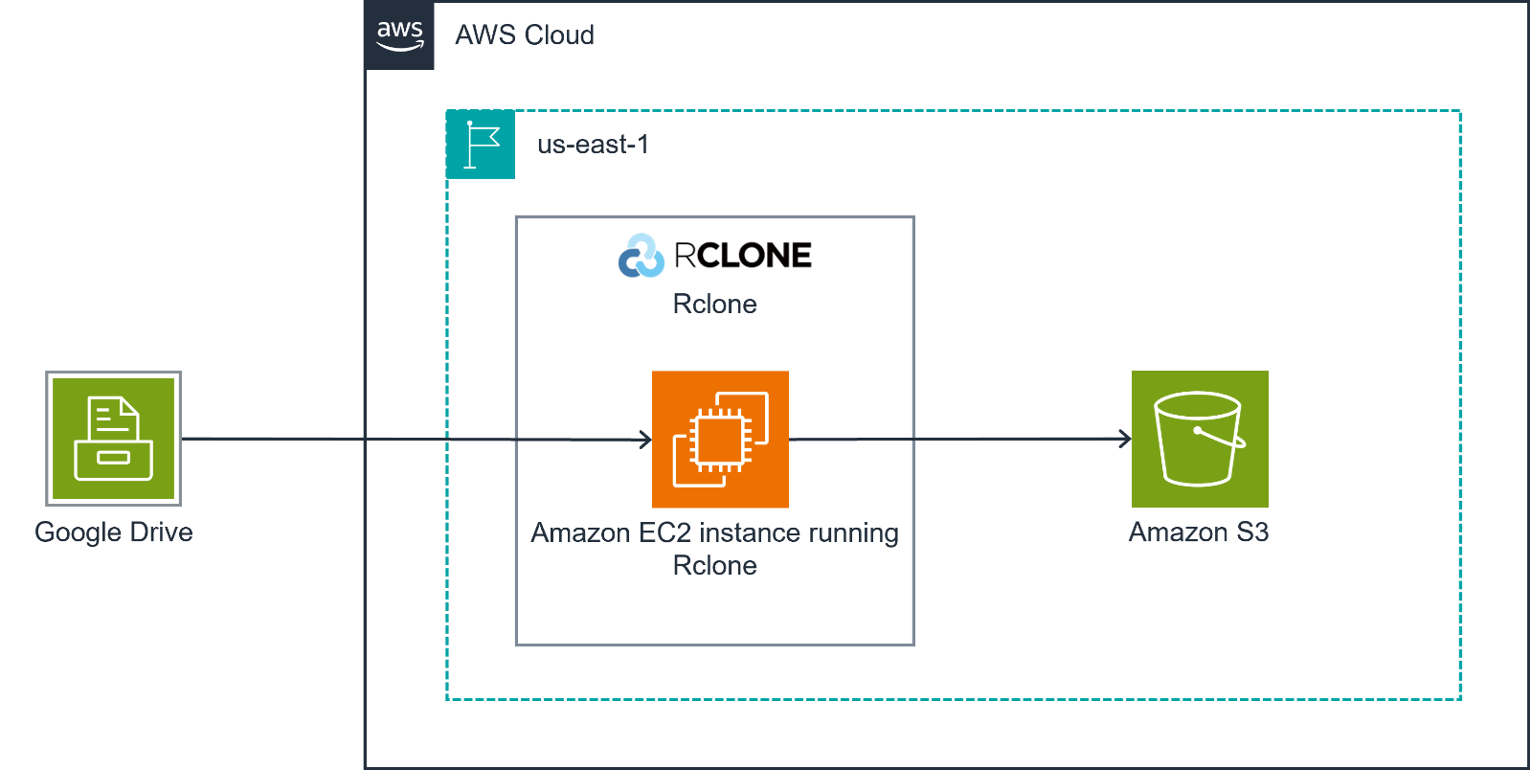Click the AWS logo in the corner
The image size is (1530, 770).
(x=399, y=35)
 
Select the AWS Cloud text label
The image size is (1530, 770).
(x=524, y=35)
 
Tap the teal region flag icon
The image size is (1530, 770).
(x=481, y=145)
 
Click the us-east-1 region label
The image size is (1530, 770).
(x=593, y=145)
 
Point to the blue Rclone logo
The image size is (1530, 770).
(x=641, y=256)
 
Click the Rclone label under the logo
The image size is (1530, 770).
(x=714, y=304)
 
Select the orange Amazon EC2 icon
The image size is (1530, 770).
(x=720, y=439)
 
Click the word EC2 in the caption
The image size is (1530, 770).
(x=664, y=532)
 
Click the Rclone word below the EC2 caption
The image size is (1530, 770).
(x=714, y=565)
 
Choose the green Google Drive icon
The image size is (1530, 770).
(x=113, y=439)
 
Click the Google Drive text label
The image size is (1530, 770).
(x=113, y=532)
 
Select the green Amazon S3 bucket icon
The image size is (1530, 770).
(x=1200, y=439)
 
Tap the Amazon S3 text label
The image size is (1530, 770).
(x=1199, y=532)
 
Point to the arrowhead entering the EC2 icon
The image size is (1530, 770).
(x=646, y=440)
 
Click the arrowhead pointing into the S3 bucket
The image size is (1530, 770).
(x=1126, y=440)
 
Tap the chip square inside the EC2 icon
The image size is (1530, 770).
(x=720, y=440)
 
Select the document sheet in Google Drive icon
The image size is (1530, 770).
(x=113, y=418)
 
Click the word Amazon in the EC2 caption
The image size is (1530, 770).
(x=580, y=532)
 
